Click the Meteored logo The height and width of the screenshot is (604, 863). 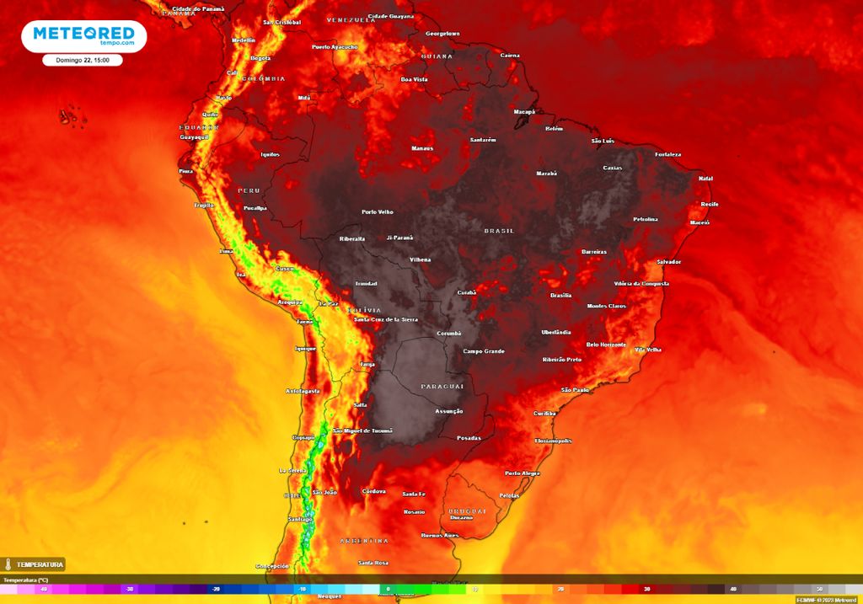point(83,36)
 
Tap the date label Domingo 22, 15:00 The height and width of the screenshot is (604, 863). point(83,60)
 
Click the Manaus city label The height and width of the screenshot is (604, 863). point(422,148)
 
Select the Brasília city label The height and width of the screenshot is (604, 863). point(560,295)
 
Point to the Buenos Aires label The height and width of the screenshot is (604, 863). point(439,535)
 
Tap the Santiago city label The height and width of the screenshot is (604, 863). point(300,519)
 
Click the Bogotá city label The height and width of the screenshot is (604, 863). point(260,58)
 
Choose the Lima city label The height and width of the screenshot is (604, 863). point(226,251)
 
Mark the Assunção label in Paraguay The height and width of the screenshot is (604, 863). point(448,411)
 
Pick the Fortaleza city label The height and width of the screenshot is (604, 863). point(667,154)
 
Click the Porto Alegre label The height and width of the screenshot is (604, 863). point(522,473)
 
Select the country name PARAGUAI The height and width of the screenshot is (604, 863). point(442,386)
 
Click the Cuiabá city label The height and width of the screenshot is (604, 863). point(467,292)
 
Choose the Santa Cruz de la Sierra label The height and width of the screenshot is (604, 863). point(386,319)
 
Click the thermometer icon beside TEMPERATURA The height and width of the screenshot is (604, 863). point(8,564)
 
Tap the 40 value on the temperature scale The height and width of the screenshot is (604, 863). point(733,589)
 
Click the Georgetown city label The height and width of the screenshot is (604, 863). point(442,34)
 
